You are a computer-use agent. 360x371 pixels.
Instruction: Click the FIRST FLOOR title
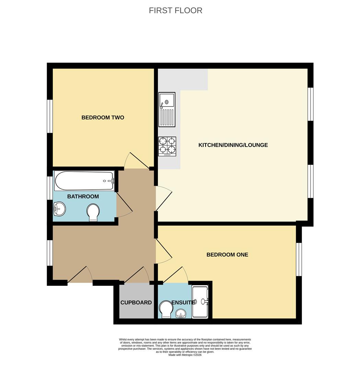pyautogui.click(x=175, y=11)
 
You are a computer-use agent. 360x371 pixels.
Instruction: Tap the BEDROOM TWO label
pyautogui.click(x=103, y=117)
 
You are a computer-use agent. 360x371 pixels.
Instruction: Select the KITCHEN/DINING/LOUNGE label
pyautogui.click(x=233, y=145)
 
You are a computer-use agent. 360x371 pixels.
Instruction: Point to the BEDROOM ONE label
pyautogui.click(x=227, y=255)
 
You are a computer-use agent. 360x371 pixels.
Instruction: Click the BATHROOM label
pyautogui.click(x=83, y=196)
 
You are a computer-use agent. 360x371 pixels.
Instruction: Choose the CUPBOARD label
pyautogui.click(x=136, y=303)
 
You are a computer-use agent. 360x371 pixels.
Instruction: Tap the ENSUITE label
pyautogui.click(x=183, y=303)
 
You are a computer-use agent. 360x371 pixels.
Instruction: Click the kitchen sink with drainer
pyautogui.click(x=167, y=109)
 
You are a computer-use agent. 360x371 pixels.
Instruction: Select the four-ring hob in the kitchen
pyautogui.click(x=167, y=146)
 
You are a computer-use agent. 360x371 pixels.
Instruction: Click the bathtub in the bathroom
pyautogui.click(x=84, y=180)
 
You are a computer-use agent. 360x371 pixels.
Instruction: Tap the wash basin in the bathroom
pyautogui.click(x=59, y=209)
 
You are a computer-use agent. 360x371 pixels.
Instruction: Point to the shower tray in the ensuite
pyautogui.click(x=200, y=302)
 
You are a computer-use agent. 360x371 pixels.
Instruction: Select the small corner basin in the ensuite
pyautogui.click(x=181, y=313)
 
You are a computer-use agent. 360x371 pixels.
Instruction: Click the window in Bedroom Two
pyautogui.click(x=50, y=116)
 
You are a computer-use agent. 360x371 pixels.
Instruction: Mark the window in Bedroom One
pyautogui.click(x=299, y=259)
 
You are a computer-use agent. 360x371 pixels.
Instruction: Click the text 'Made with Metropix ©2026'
pyautogui.click(x=185, y=355)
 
